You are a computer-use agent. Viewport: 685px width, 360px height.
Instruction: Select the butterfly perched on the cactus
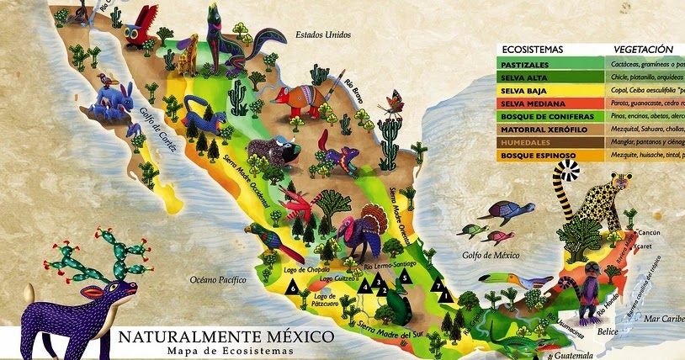(392, 104)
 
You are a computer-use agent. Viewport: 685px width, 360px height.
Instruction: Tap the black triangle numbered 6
(292, 288)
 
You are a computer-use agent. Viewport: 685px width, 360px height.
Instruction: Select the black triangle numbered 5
(404, 275)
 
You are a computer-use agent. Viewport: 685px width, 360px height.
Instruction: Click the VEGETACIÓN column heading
(644, 50)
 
